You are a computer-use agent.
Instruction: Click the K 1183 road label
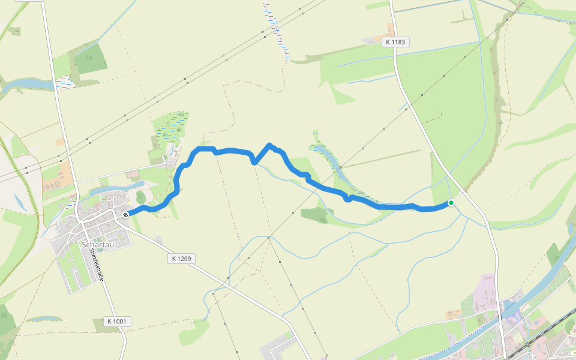395,42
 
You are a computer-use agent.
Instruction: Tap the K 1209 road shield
181,259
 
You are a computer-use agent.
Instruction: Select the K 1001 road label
116,322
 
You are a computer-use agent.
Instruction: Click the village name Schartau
96,245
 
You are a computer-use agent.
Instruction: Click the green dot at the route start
451,203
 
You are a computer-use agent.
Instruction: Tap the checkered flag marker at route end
125,214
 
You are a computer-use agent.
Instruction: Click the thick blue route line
324,188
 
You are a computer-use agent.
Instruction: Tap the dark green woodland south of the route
317,214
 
